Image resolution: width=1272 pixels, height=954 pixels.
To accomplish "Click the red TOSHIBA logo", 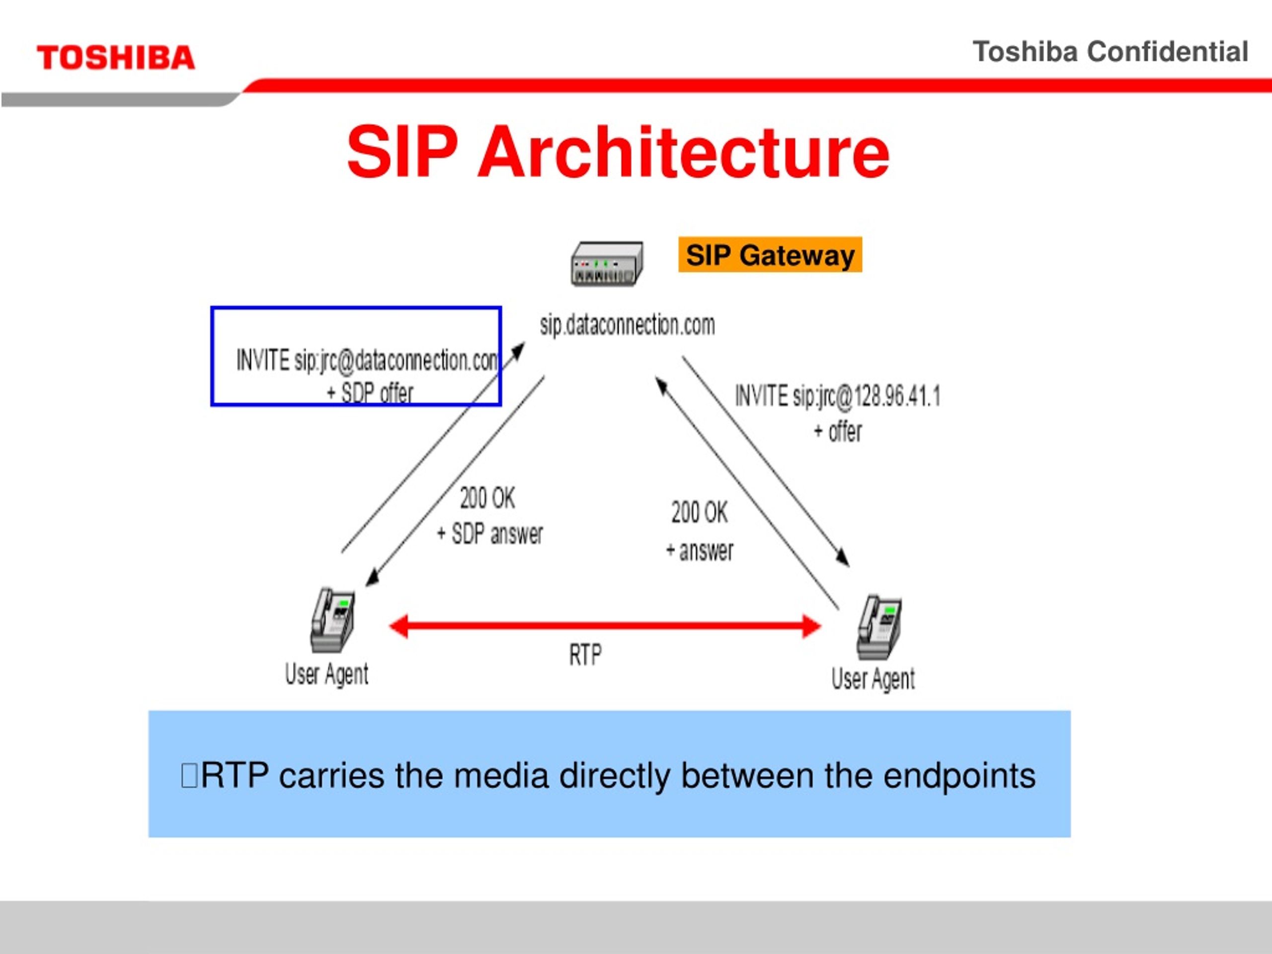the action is [x=116, y=58].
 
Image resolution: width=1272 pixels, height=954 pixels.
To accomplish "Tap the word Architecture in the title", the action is [x=684, y=152].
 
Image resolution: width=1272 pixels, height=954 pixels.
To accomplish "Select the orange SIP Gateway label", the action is [x=770, y=255].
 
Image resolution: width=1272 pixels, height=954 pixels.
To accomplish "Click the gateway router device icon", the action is [x=607, y=264].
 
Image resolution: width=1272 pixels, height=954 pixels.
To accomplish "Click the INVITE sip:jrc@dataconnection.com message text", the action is [x=367, y=361].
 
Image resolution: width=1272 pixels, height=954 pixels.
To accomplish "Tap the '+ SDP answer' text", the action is [x=490, y=534].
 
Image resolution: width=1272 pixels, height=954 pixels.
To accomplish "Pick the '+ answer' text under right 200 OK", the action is [x=699, y=551].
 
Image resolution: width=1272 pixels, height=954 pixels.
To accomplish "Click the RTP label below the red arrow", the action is [x=585, y=655].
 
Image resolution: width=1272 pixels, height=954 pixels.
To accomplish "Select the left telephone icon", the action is [x=333, y=620].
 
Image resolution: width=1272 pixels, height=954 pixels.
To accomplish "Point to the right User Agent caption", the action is [x=873, y=680].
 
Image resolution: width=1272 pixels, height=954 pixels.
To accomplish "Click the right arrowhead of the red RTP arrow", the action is [x=811, y=626].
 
